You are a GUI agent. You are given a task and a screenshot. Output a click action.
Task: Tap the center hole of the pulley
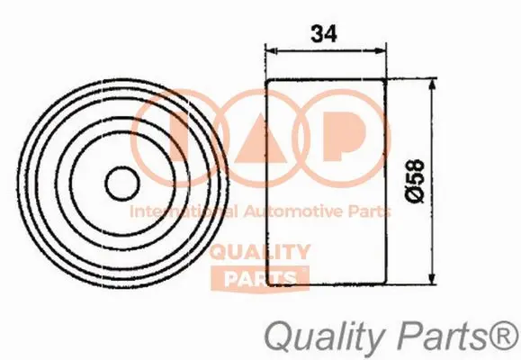point(119,184)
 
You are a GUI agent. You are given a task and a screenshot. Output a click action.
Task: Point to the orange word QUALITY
point(261,253)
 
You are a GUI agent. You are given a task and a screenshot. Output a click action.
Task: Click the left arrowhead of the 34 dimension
point(271,50)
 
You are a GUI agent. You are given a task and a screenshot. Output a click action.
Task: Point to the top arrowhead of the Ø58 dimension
point(436,83)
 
